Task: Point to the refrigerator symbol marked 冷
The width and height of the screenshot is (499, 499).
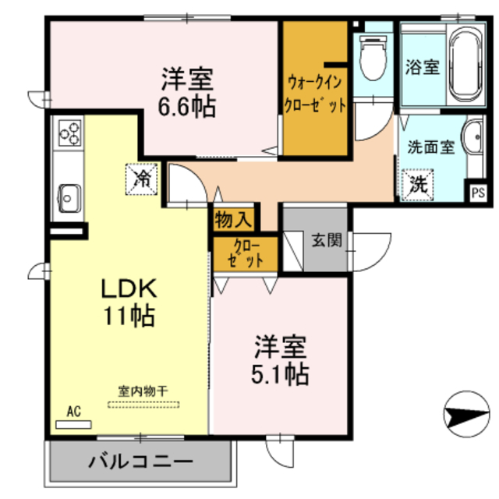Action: [x=142, y=177]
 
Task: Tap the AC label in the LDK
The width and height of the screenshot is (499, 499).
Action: [x=74, y=411]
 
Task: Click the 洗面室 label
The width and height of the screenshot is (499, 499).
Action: [x=430, y=147]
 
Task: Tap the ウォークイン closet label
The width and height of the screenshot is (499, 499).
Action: [x=314, y=80]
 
